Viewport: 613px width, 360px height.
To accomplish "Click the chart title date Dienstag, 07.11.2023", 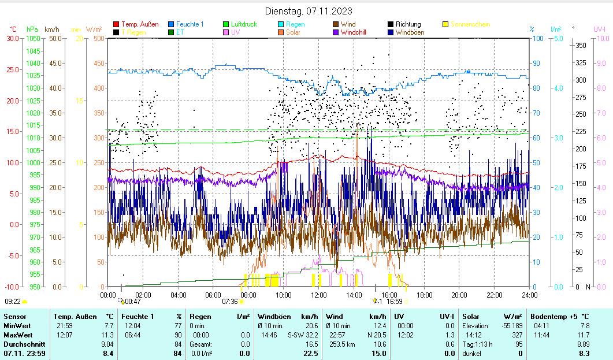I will tap(309, 11).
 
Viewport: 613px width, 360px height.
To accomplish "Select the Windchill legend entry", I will tap(357, 32).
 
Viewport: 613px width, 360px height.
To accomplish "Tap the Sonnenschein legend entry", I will tap(470, 24).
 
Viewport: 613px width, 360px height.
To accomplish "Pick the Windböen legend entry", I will tap(410, 32).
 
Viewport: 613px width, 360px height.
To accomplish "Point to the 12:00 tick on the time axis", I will tap(319, 295).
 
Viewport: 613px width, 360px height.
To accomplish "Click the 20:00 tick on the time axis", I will tap(459, 295).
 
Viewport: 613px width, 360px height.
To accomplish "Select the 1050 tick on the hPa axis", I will tap(34, 38).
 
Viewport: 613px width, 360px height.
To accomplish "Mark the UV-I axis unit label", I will tap(599, 29).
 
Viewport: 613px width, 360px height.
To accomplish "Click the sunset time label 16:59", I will tap(395, 301).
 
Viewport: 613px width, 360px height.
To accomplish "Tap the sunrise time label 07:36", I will tap(230, 301).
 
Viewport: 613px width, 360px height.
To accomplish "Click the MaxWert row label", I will tap(17, 335).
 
